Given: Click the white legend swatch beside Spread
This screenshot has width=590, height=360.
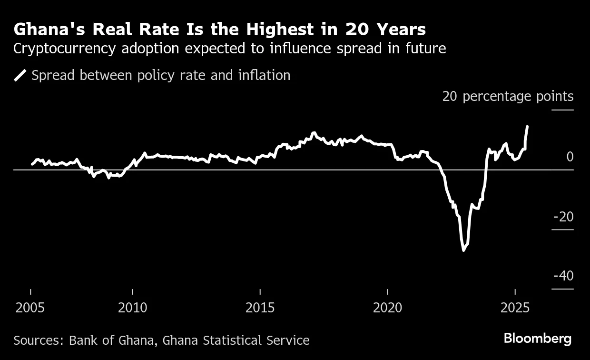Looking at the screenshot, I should coord(20,75).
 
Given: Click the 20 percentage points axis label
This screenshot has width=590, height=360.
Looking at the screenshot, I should coord(508,97).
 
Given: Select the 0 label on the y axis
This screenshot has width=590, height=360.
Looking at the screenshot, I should coord(570,157).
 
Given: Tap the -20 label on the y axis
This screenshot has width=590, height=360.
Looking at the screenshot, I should coord(563,217).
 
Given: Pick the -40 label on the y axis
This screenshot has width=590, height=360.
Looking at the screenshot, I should coord(563,276).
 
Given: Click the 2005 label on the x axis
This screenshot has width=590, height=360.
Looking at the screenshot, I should coord(30,308).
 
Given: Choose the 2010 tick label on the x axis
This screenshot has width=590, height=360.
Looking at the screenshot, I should coord(133,308).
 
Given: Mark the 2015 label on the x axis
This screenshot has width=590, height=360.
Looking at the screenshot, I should coord(260,308).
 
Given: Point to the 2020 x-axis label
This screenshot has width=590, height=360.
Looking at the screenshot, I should coord(387,308).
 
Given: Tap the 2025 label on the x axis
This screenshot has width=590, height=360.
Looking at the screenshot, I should coord(515,308).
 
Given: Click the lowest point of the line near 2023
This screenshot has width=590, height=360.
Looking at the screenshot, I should coord(463,250).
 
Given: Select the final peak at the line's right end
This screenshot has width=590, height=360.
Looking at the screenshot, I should coord(527,127).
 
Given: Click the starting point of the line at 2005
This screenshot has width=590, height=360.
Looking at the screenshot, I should coord(32,164).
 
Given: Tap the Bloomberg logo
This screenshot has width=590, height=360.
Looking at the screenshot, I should coord(538,339).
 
